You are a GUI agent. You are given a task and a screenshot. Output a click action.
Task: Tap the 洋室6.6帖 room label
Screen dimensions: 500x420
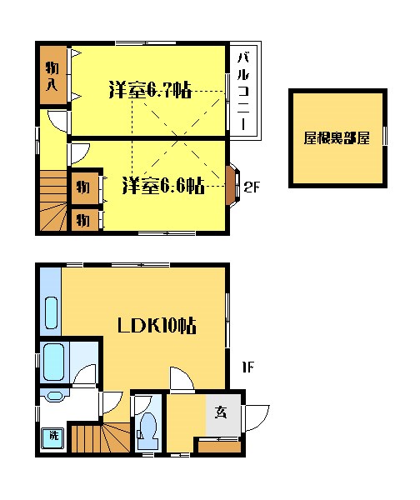pos(162,185)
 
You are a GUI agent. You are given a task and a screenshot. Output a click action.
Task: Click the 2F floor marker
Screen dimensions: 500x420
pos(252,187)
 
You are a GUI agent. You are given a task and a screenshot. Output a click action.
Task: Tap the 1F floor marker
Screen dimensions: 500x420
pos(247,367)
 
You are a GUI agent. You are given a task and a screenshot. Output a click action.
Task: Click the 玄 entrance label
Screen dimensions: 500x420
pos(222,411)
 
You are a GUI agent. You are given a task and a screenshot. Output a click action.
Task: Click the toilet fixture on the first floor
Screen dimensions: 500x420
pos(148,427)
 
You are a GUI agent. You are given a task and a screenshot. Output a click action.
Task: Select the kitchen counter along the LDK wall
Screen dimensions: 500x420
pos(49,300)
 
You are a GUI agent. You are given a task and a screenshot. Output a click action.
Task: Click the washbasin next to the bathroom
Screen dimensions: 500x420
pos(55,396)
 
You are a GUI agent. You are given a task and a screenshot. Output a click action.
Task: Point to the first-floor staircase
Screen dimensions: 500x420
pos(98,437)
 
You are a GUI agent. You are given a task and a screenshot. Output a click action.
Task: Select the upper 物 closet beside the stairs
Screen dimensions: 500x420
pos(83,186)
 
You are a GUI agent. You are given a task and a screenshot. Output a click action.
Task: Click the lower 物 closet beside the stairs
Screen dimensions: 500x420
pos(83,219)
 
